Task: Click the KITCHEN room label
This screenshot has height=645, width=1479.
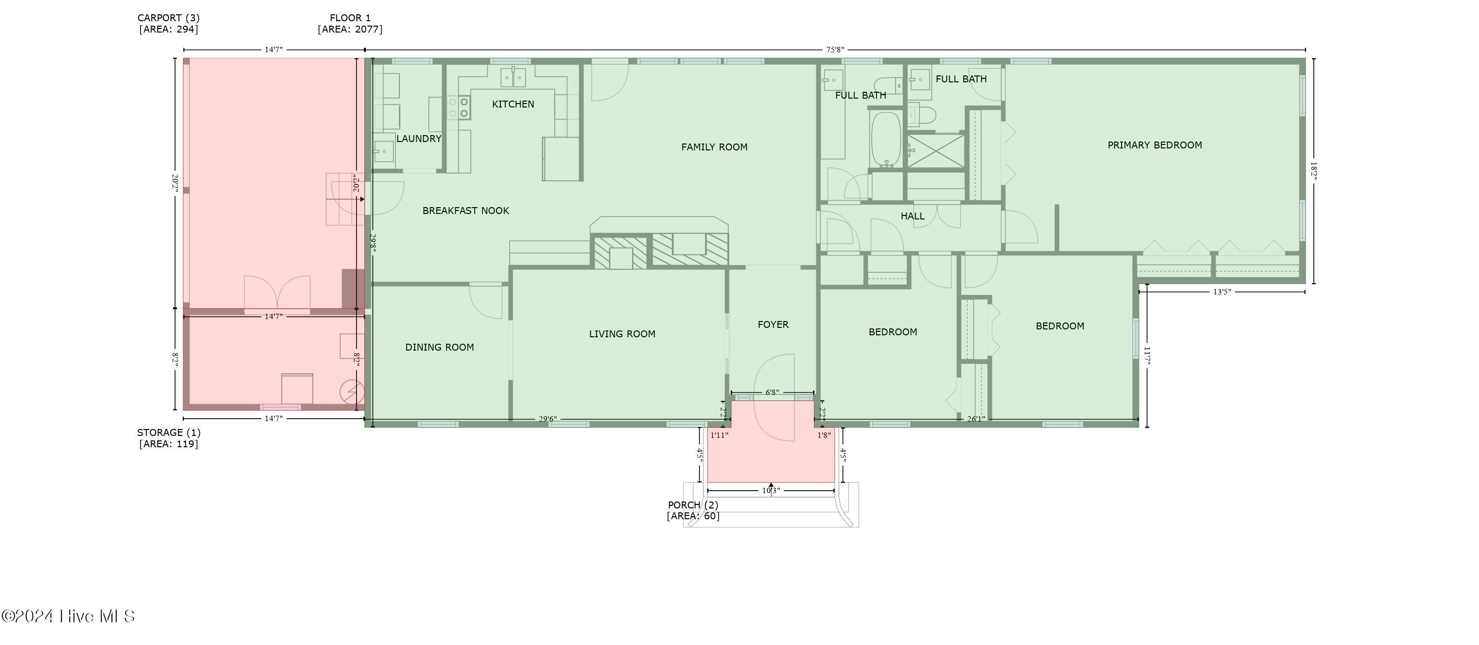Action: pos(513,104)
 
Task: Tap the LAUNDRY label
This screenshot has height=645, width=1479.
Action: pos(419,139)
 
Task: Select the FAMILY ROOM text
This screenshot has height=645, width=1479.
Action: pos(714,147)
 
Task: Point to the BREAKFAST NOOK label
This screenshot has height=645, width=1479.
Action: pos(465,211)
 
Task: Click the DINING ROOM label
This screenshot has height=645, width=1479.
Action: pos(439,347)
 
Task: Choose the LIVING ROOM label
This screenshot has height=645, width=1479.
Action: pos(622,334)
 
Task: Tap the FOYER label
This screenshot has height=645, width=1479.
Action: pos(773,324)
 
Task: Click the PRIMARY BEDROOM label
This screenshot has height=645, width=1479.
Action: pos(1154,145)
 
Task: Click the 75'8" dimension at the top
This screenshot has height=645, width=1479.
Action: pos(835,50)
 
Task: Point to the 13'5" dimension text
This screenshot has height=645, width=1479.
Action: pos(1222,292)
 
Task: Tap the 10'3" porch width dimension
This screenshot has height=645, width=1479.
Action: pos(771,491)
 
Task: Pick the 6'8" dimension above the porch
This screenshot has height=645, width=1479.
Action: pos(772,393)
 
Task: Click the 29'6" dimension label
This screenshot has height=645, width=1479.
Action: pos(547,419)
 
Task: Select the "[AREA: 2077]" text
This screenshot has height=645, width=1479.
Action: pos(350,29)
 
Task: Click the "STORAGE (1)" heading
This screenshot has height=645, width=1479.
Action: pos(169,432)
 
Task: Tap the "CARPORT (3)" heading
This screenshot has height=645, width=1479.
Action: pos(168,18)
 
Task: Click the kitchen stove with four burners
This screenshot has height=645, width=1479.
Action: pos(459,107)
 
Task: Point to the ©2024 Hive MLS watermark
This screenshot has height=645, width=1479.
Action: pos(68,616)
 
